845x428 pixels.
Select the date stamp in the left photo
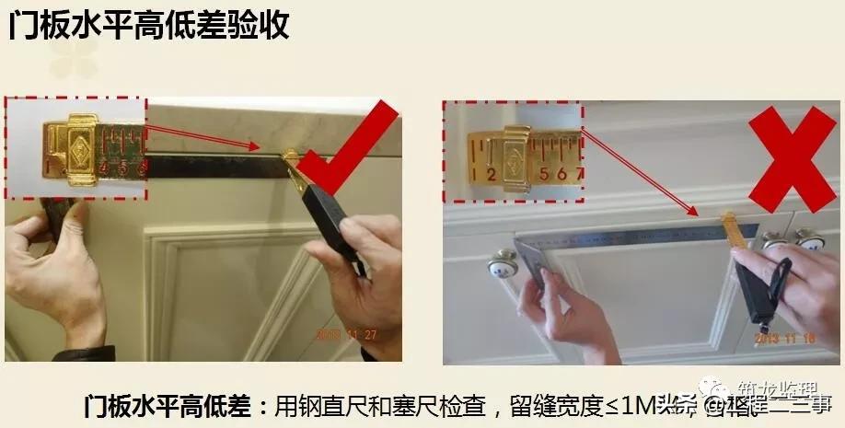click(x=346, y=334)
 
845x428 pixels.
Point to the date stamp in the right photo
click(x=783, y=338)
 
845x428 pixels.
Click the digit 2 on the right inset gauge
click(x=491, y=174)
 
